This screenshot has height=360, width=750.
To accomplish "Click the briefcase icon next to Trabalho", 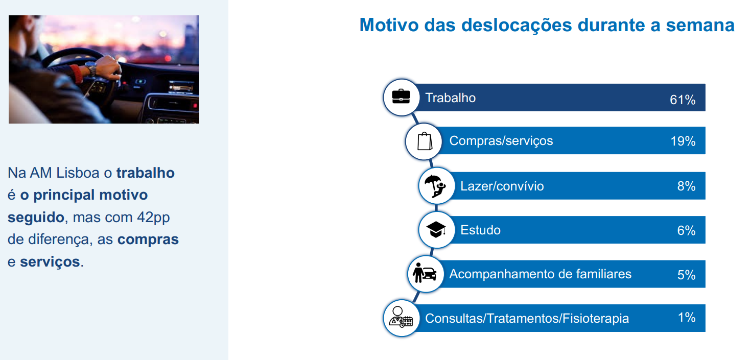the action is (401, 97).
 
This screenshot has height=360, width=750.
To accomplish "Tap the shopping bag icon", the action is (425, 141).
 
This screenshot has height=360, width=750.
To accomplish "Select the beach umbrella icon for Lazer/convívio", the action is (435, 186).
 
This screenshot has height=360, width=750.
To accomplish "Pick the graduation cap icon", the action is (436, 229).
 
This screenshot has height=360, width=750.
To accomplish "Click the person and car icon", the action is (425, 273).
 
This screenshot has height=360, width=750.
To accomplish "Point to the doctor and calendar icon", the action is (401, 317).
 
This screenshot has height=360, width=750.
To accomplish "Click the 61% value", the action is (683, 100).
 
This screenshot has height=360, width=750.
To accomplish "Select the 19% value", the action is (683, 141).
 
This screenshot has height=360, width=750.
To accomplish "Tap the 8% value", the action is (686, 186).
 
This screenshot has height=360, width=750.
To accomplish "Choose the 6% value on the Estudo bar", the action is (686, 230).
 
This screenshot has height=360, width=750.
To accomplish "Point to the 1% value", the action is (687, 317).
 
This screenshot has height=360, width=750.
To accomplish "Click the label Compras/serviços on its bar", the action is (501, 141).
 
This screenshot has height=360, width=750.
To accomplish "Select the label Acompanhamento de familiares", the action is (540, 274).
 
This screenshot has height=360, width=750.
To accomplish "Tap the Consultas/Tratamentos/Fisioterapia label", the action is (527, 319).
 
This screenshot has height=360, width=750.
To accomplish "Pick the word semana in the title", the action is (700, 26).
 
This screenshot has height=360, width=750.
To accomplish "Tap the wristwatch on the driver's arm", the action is (91, 69).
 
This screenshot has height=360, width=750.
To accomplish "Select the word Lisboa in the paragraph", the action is (78, 173).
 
